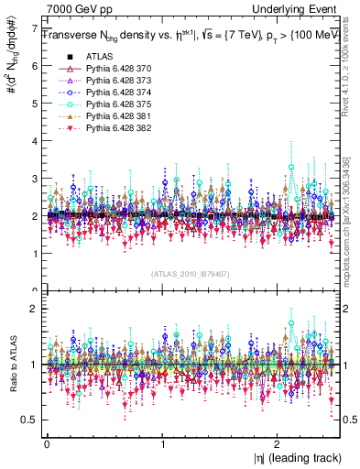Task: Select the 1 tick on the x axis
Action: click(163, 443)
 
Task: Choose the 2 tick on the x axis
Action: click(279, 443)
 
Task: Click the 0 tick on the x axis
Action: click(47, 443)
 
